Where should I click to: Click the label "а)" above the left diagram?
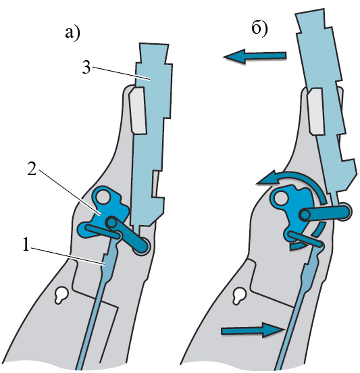(72, 34)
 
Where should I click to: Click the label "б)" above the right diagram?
(259, 29)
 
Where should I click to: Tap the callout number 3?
(86, 68)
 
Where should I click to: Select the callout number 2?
(32, 169)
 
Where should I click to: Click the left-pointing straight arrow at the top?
(254, 56)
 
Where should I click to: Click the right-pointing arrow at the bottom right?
(253, 330)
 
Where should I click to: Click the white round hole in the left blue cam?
(103, 197)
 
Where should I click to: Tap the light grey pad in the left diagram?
(137, 110)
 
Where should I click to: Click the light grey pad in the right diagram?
(315, 111)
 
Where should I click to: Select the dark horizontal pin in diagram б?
(325, 212)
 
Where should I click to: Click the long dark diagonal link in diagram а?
(128, 234)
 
